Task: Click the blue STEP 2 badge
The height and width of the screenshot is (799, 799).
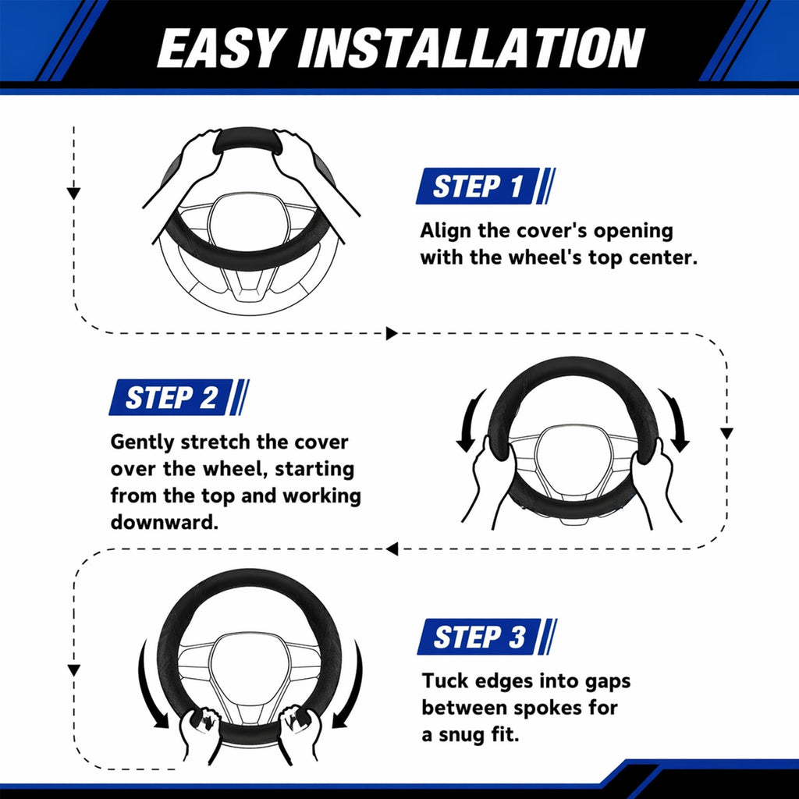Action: (x=179, y=397)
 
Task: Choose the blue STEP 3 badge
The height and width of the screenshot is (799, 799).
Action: (x=487, y=637)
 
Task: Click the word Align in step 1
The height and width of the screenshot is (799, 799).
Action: (x=446, y=231)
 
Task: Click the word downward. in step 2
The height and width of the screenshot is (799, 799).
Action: (x=165, y=521)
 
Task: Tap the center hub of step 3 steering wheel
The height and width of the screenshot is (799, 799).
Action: (x=249, y=664)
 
